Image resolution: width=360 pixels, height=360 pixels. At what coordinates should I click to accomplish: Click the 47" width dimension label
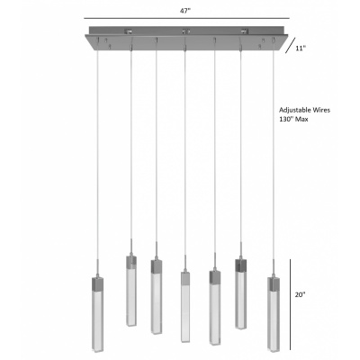coord(185,11)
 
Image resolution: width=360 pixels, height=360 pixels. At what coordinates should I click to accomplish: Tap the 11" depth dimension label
coord(301,48)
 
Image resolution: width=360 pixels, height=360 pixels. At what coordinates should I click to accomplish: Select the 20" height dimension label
coord(300,294)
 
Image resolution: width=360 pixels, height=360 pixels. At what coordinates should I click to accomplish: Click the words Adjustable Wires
coord(304,110)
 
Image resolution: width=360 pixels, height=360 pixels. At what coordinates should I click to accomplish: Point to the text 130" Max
coord(293,119)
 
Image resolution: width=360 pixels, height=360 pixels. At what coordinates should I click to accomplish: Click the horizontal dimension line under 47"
coord(186,18)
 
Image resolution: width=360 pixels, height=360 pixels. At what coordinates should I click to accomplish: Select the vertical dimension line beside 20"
coord(290,304)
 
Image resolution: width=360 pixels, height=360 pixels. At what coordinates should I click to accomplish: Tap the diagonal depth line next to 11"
coord(290,45)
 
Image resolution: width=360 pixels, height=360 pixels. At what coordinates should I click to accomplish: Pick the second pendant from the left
coord(130,286)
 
